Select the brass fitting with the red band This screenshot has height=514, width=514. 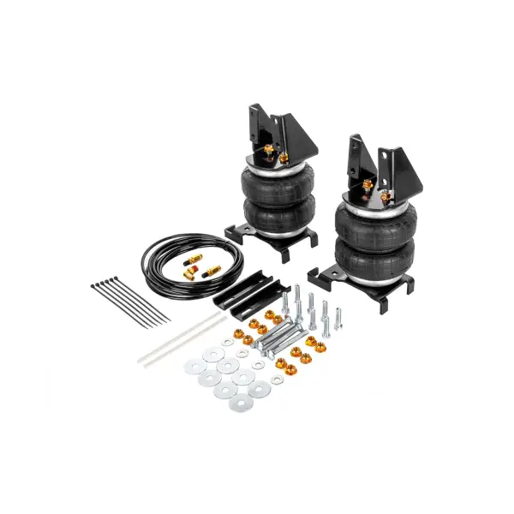(x=206, y=272)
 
